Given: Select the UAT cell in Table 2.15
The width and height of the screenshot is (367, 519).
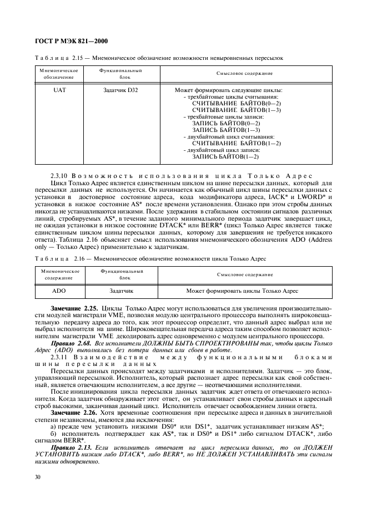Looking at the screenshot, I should coord(59,90).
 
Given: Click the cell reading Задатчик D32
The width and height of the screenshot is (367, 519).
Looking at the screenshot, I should coord(120,90).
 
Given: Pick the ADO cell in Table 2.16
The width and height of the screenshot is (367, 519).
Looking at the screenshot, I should coord(59,290).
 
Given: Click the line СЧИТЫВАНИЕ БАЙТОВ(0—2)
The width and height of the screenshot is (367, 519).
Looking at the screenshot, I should coord(236,103).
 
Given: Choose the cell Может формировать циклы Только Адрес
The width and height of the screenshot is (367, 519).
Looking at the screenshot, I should coord(242,290).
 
